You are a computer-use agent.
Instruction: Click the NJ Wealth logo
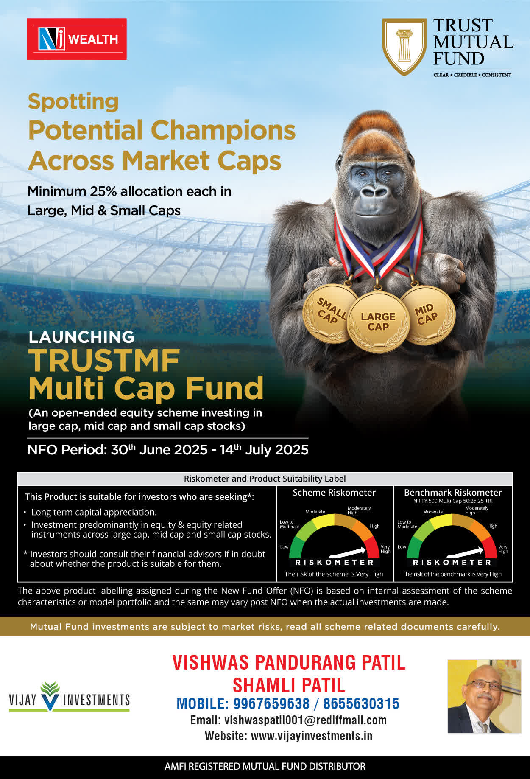point(77,39)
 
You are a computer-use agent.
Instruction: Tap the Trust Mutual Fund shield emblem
point(404,47)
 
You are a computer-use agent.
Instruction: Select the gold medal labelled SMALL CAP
point(330,313)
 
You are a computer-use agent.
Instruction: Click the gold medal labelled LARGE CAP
point(378,322)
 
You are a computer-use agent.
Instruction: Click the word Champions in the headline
point(223,130)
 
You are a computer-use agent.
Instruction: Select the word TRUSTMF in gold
point(104,361)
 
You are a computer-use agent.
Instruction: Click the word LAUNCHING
point(81,337)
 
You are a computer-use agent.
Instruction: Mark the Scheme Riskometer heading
point(334,493)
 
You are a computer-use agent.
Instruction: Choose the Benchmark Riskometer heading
point(453,493)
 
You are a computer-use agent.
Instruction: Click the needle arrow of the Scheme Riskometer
point(347,552)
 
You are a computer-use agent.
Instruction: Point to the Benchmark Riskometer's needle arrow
point(465,552)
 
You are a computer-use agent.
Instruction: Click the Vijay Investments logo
point(69,697)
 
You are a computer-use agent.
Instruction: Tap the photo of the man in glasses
point(484,696)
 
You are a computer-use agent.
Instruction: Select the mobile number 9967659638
point(271,704)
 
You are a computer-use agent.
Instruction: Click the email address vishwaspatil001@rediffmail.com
point(305,720)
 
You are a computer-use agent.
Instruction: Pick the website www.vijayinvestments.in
point(312,736)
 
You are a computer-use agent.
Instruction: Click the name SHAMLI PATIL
point(289,685)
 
